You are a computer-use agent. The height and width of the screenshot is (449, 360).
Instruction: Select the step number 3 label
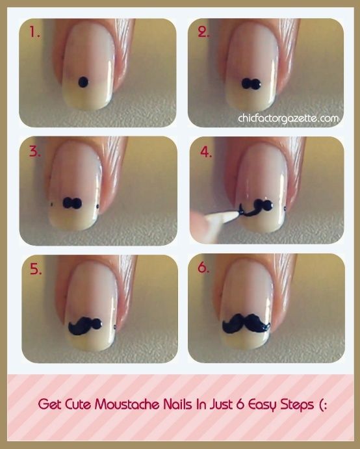point(34,153)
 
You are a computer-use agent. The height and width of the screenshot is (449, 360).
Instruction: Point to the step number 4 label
point(205,153)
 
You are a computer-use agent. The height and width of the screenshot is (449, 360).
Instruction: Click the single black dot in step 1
point(83,82)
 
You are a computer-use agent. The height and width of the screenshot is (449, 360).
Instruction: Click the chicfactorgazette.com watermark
point(289,118)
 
